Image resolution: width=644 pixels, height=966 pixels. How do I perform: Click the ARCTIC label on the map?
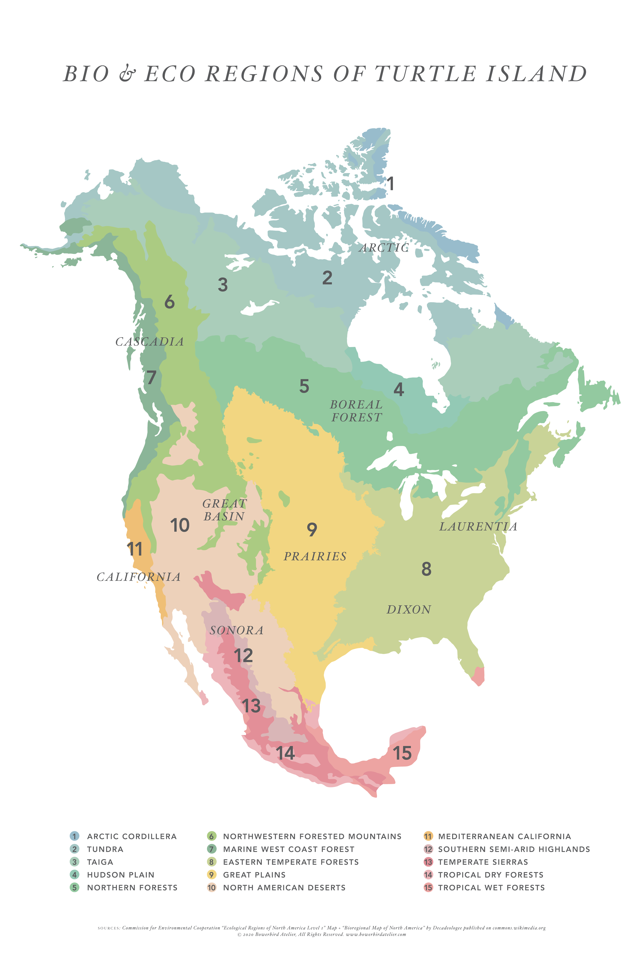384,248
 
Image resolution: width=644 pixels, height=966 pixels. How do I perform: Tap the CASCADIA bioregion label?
149,342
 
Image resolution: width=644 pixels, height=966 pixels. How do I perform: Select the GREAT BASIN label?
225,510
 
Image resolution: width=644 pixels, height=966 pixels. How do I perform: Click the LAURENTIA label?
478,526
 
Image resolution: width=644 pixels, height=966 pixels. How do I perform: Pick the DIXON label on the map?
409,609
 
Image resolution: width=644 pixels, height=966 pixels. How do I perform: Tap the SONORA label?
236,631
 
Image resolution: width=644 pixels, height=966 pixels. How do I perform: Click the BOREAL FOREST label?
357,411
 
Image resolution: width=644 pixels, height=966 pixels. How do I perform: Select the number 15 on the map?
402,753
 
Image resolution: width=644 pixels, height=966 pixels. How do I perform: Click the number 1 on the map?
391,184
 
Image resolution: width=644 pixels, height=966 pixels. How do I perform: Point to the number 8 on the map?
426,569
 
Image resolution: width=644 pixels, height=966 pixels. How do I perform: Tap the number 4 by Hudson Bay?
399,389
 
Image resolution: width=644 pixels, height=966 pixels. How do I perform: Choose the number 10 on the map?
180,525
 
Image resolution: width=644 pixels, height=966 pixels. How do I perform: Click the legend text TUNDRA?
105,849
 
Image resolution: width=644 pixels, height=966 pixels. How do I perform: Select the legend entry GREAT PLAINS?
254,875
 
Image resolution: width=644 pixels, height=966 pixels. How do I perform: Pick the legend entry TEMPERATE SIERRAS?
483,862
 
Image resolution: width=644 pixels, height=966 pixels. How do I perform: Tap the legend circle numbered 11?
428,837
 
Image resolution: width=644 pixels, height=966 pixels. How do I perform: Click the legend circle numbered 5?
74,888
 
